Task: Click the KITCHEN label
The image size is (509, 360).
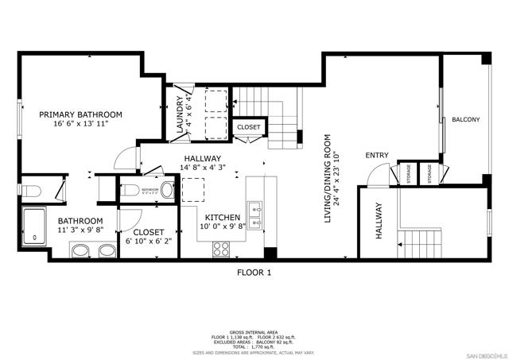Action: point(223,217)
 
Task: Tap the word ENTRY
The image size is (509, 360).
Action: point(377,155)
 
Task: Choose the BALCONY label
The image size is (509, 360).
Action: point(465,120)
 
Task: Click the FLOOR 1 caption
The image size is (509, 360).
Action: point(254,273)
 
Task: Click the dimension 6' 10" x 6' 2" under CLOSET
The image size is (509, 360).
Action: point(148,241)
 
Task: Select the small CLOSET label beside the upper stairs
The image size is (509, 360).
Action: point(248,127)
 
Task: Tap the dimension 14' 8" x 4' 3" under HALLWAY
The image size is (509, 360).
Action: point(204,168)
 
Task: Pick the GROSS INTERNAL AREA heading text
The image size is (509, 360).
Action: point(254,331)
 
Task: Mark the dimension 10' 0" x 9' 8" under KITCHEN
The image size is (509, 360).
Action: point(223,226)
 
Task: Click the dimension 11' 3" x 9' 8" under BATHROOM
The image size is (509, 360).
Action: point(80,231)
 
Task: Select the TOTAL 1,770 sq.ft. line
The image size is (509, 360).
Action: point(254,346)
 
